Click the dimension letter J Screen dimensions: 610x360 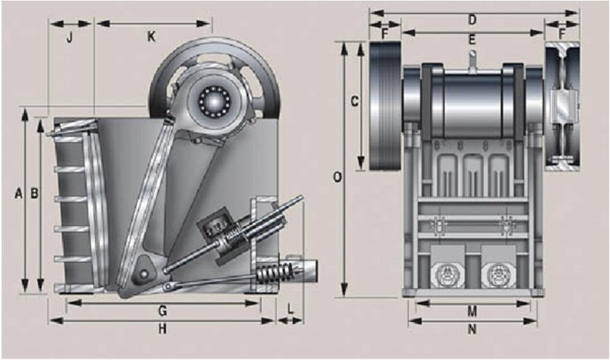tap(70, 38)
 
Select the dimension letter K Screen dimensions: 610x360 tap(151, 37)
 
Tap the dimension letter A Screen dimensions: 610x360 tap(18, 193)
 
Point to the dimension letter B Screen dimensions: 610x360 tap(34, 193)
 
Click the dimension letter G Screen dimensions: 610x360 tap(163, 311)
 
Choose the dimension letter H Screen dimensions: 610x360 tap(163, 329)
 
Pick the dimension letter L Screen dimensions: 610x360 tap(290, 308)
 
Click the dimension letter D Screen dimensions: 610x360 tap(472, 20)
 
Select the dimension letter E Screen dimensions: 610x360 tap(472, 39)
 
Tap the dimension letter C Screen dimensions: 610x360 tap(354, 101)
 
